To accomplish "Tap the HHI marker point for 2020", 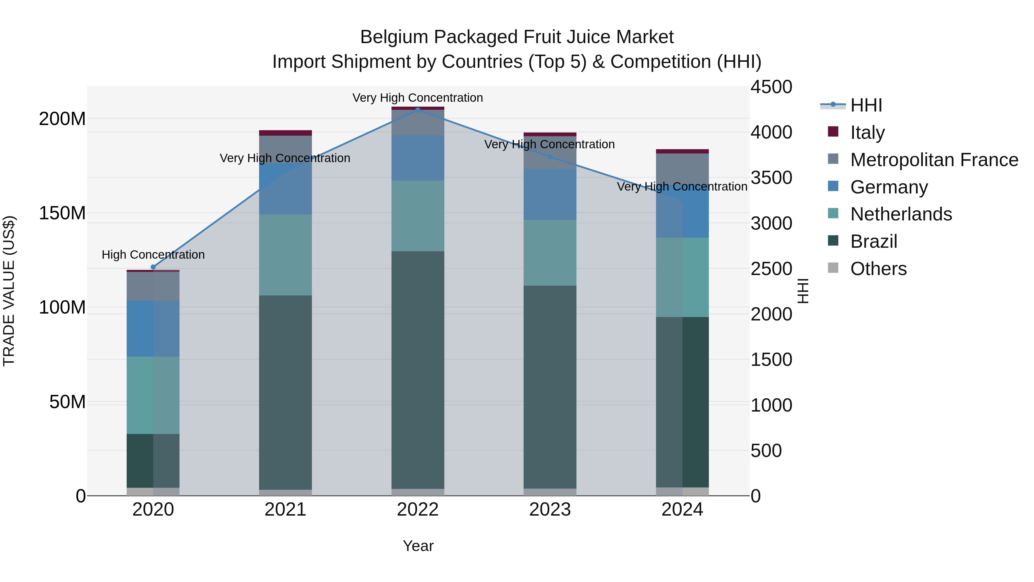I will pos(153,267).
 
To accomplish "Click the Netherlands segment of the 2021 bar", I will pos(285,255).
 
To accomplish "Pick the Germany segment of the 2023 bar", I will pos(550,194).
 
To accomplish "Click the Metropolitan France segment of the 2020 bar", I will pos(153,286).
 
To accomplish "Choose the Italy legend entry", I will pos(867,132).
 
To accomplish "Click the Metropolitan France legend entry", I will pos(934,160).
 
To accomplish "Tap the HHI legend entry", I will pos(866,105).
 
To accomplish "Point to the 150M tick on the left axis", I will pos(62,213).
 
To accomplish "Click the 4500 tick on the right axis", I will pos(771,87).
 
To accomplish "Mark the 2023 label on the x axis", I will pos(550,510).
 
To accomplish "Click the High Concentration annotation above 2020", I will pos(153,255).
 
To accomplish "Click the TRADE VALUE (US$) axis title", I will pos(9,291).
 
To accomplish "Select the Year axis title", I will pos(418,546).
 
